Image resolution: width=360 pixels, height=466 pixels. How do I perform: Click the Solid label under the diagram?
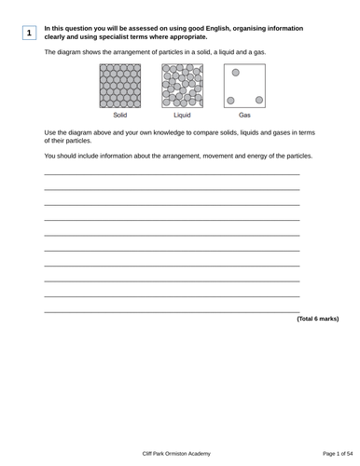[119, 116]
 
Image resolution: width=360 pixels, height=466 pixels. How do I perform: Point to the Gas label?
[244, 116]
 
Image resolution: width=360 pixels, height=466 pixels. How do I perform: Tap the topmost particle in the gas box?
[236, 72]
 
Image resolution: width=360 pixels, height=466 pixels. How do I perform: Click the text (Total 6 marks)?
[317, 319]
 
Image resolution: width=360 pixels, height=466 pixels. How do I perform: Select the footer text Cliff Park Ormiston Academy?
[180, 452]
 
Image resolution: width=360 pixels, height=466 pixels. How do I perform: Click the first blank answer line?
[172, 174]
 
